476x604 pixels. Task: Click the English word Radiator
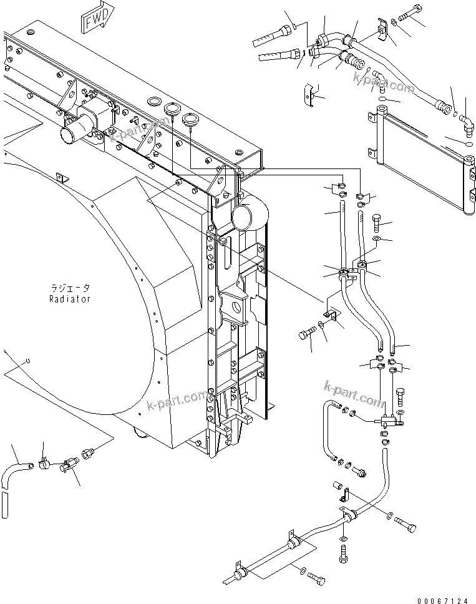70,299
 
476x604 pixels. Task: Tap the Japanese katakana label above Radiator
70,288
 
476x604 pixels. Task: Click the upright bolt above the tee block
400,396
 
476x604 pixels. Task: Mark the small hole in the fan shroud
29,361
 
